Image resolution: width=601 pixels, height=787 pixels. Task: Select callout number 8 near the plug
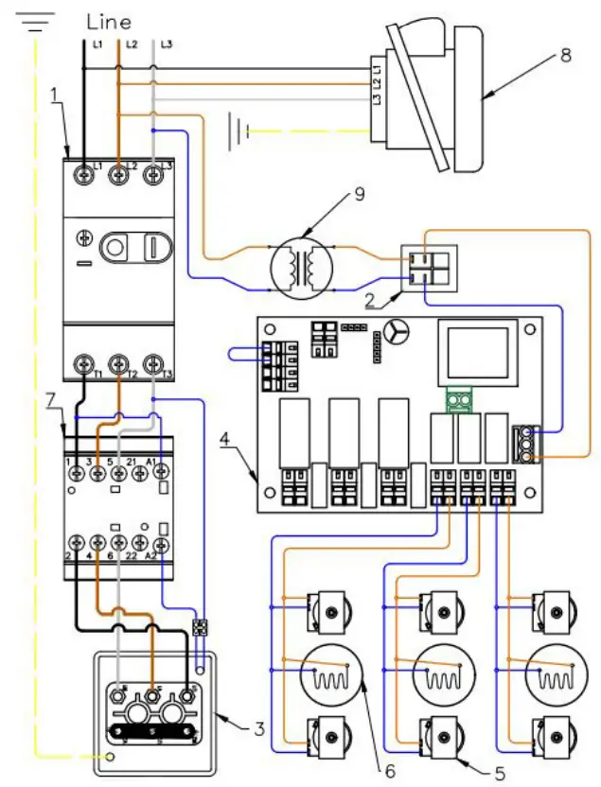pos(565,55)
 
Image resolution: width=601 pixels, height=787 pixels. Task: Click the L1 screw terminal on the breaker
pos(84,175)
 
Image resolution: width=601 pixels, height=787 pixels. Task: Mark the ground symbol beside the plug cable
pos(239,126)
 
